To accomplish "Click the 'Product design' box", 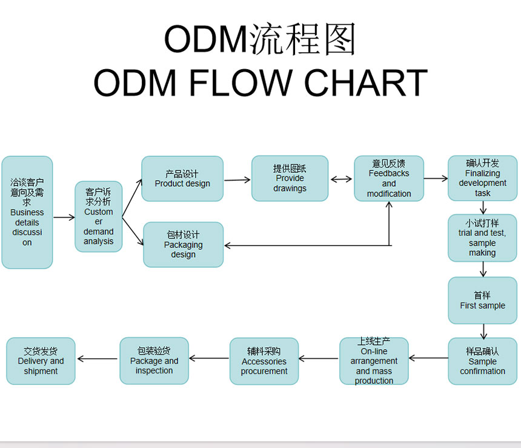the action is point(182,179).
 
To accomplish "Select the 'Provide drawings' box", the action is point(290,178).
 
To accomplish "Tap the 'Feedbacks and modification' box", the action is point(389,178).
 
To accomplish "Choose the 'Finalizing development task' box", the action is point(482,178).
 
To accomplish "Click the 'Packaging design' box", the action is point(183,244).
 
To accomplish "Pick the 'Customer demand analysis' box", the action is point(98,216).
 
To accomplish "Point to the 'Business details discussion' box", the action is point(27,212).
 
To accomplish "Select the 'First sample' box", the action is point(482,300).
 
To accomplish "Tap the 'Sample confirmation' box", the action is point(482,361).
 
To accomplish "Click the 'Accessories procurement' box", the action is point(264,361).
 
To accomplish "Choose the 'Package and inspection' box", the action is point(154,361).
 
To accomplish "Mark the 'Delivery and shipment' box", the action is point(41,361).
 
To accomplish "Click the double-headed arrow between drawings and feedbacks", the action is point(341,179).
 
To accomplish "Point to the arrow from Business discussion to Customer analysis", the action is point(64,218).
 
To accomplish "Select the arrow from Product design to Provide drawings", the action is point(237,180).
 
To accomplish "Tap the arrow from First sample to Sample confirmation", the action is point(483,332).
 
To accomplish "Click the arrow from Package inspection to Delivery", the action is point(98,358).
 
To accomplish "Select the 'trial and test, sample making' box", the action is point(482,238).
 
